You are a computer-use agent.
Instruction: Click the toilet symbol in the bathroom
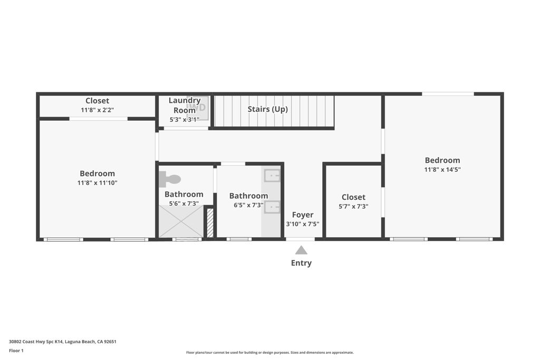(x=170, y=180)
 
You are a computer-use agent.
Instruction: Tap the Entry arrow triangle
(x=301, y=250)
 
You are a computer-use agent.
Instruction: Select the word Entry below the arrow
(x=301, y=263)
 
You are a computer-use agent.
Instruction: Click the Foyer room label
(x=303, y=215)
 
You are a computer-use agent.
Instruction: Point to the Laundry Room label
(x=185, y=105)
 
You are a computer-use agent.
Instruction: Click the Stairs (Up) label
(x=268, y=109)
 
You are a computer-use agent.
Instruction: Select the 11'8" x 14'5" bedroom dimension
(x=442, y=170)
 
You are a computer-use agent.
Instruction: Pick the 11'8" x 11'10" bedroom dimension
(x=97, y=183)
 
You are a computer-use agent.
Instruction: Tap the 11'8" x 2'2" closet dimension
(x=97, y=110)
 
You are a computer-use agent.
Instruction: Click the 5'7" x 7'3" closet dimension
(x=353, y=207)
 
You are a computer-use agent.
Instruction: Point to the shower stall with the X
(x=181, y=221)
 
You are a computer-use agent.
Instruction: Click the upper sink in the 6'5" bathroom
(x=272, y=176)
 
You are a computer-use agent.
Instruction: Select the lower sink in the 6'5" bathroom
(x=272, y=207)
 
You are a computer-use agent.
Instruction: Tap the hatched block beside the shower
(x=210, y=223)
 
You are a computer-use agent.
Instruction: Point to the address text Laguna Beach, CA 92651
(x=91, y=342)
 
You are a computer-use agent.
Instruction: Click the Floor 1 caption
(x=16, y=351)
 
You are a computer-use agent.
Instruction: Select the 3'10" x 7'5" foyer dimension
(x=303, y=224)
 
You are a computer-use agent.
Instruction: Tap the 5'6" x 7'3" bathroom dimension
(x=184, y=203)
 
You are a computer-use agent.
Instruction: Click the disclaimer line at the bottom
(x=269, y=353)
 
